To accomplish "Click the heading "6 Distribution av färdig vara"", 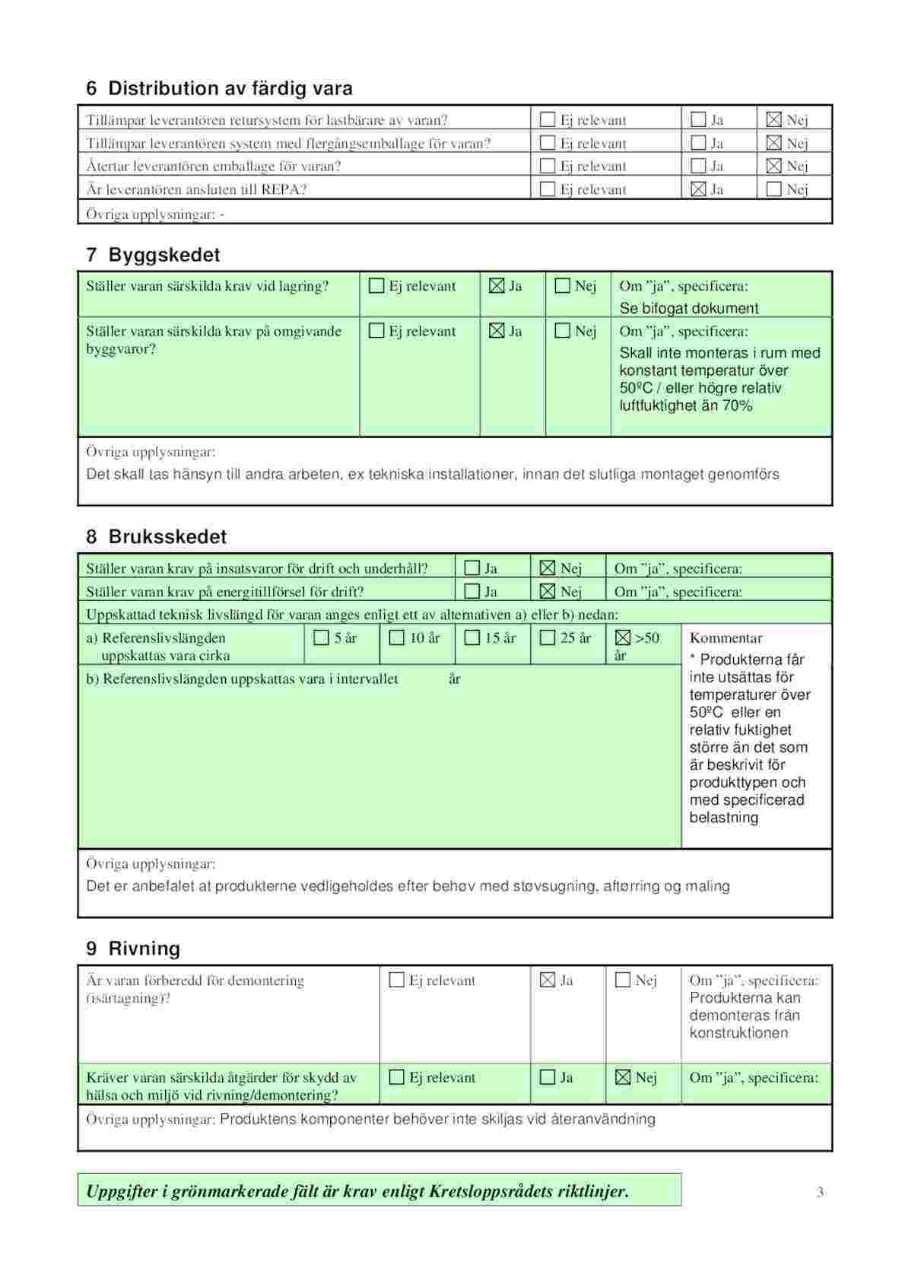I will (x=219, y=88).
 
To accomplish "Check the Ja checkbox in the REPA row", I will (x=698, y=189).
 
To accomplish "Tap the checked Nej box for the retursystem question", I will (x=774, y=119).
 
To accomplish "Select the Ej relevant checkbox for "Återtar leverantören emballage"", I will (x=548, y=166).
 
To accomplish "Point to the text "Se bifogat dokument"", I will (x=688, y=308).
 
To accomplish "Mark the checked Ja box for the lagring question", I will (x=497, y=286).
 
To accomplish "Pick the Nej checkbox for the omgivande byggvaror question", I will (x=563, y=331).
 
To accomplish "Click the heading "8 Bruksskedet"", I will (x=156, y=536).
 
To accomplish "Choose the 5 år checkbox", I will (x=322, y=637).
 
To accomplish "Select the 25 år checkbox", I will (x=548, y=637).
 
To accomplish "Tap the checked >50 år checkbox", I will (x=623, y=637).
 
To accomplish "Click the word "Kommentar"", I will (x=726, y=638).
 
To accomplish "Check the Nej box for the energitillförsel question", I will (x=548, y=591).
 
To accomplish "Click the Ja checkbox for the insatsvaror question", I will (x=472, y=568).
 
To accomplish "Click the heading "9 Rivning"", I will (x=133, y=949).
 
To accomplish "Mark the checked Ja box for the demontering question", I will (x=548, y=980).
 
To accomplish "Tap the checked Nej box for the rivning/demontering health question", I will (x=623, y=1077).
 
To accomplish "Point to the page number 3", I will (x=820, y=1192).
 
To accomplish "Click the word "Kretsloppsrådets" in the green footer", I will (x=491, y=1191).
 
